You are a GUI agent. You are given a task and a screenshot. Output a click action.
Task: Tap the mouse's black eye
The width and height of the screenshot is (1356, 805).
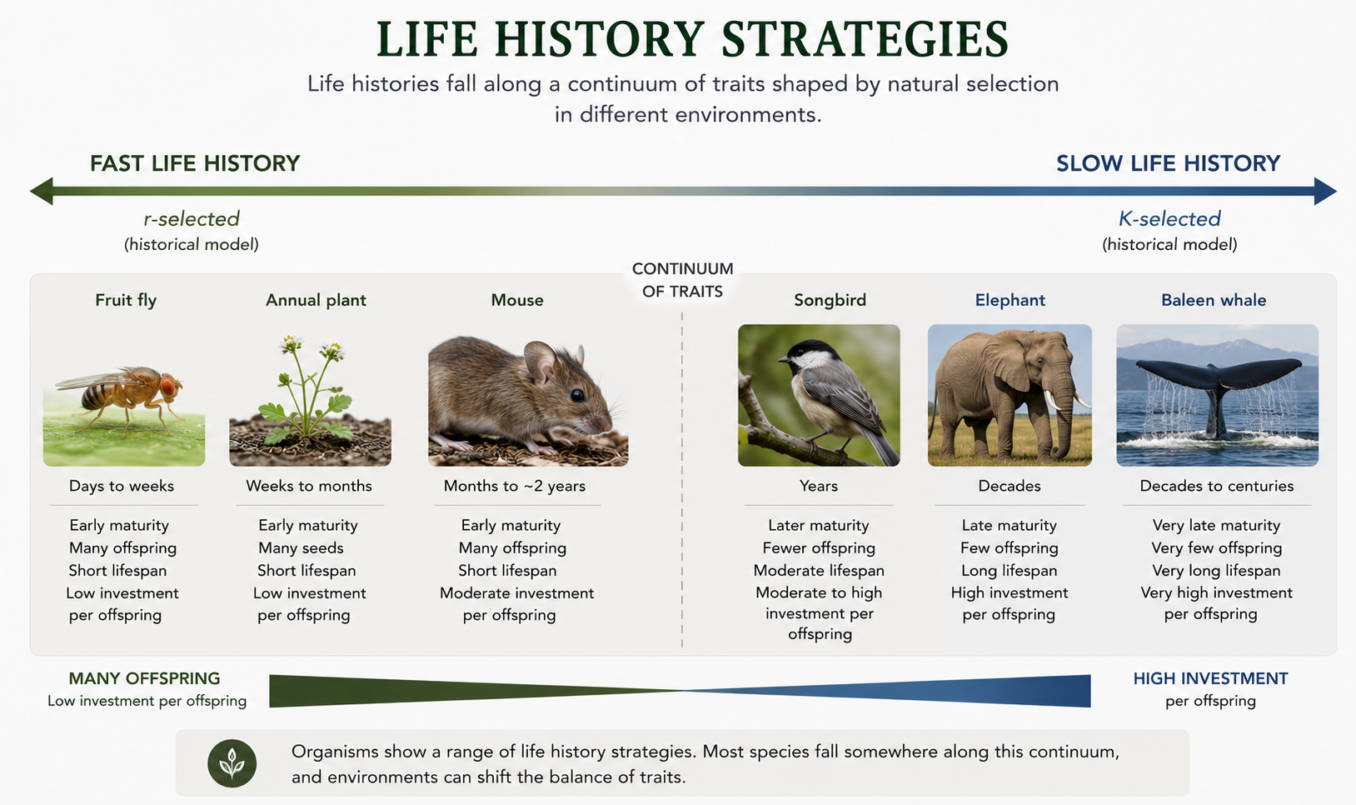577,395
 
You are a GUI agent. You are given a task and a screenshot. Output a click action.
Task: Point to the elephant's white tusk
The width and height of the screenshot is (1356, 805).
1051,402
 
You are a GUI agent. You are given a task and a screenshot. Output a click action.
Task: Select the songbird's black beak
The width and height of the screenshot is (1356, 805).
784,358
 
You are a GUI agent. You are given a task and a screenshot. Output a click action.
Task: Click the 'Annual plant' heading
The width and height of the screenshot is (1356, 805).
316,301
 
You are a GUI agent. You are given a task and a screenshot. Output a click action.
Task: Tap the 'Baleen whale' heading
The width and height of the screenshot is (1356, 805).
1213,301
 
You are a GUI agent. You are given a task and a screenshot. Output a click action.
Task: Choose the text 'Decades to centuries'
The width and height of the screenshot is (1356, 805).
1216,486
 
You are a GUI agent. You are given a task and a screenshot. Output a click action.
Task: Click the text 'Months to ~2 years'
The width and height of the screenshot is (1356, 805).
515,486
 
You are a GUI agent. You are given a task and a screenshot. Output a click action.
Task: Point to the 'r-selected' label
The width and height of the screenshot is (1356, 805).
192,218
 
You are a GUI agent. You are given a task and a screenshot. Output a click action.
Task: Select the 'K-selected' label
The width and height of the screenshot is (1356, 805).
1169,218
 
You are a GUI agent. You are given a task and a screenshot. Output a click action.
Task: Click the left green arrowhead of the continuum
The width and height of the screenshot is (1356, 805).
42,192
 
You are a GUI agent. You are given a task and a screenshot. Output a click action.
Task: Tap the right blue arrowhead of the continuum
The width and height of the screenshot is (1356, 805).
1325,192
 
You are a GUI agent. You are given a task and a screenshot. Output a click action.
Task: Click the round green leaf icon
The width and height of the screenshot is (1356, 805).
232,763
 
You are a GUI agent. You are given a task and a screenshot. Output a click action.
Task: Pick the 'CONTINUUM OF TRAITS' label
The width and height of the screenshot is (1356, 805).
682,280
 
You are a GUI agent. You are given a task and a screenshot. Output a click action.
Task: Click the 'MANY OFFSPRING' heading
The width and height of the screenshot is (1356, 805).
144,678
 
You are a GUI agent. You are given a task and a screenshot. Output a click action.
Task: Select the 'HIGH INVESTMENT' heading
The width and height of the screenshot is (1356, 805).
1211,678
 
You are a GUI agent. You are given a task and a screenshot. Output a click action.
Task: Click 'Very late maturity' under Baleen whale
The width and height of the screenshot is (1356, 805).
1216,525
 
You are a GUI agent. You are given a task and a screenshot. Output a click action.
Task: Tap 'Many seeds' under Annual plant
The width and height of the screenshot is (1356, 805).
301,548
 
